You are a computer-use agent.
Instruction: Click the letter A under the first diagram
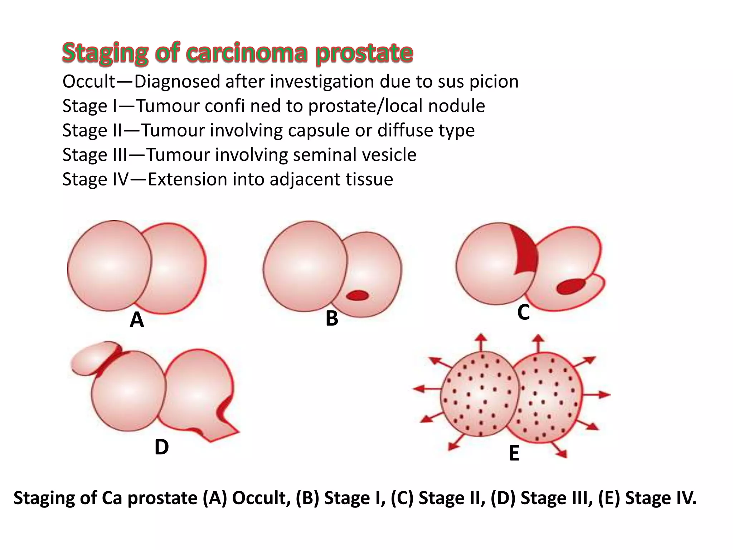click(x=137, y=320)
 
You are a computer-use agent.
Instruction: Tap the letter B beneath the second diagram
click(x=332, y=318)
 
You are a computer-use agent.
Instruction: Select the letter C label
click(x=523, y=312)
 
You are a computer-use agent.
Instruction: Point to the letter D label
click(x=161, y=447)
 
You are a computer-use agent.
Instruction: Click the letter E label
click(x=514, y=453)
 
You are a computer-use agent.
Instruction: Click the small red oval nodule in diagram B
click(x=357, y=295)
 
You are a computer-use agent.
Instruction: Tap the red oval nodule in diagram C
click(x=571, y=286)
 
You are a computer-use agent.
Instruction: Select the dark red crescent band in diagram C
click(x=526, y=251)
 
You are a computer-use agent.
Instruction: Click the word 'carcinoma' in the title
click(x=247, y=53)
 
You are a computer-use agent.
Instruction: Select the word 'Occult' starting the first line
click(x=89, y=82)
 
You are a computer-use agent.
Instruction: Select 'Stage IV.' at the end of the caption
click(x=661, y=498)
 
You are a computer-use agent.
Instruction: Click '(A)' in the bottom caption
click(x=215, y=498)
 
